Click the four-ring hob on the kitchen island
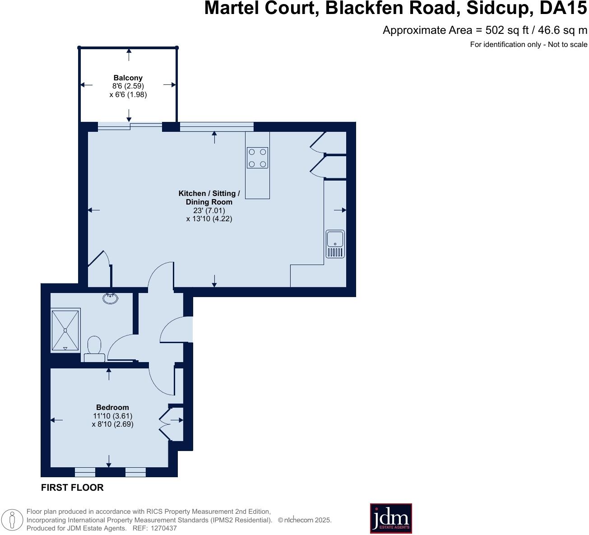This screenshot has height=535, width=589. pos(257,158)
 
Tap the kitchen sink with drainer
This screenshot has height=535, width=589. pos(335,244)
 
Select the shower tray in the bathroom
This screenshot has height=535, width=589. pos(65,330)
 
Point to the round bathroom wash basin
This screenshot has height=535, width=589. pos(111,298)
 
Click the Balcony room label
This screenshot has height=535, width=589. pos(128,78)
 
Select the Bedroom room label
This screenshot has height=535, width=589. pos(112,407)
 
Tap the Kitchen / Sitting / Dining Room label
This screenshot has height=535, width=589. pos(209,198)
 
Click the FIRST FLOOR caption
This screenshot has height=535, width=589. pos(72,488)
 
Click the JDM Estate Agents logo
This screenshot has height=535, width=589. pos(391,518)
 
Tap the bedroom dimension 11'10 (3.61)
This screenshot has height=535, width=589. pos(112,416)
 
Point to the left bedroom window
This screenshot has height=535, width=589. pos(85,472)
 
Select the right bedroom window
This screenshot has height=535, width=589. pos(135,472)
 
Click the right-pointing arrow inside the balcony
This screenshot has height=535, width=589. pos(170,85)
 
